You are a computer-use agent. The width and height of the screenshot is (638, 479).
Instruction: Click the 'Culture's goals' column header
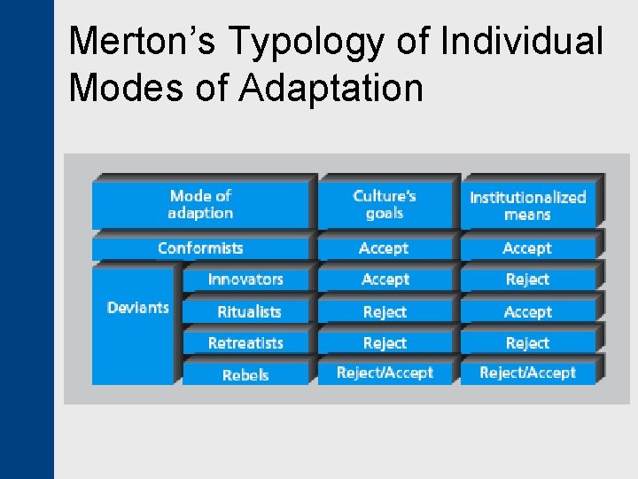(385, 204)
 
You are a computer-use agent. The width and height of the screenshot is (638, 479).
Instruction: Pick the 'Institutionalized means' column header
(528, 205)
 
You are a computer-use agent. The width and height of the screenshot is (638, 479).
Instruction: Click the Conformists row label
(200, 248)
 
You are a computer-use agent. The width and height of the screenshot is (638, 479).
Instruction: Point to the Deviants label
(137, 308)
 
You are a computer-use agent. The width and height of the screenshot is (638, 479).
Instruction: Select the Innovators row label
(245, 279)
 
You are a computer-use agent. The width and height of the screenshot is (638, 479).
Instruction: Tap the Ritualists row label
(249, 311)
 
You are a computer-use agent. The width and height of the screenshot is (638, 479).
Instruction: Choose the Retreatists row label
(245, 343)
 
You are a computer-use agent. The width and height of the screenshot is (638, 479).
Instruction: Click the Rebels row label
(245, 374)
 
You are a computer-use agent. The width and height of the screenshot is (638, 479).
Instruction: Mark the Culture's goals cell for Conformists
(384, 248)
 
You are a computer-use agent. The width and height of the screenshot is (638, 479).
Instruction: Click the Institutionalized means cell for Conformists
(527, 248)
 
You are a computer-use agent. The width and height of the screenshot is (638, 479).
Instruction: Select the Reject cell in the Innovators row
(527, 279)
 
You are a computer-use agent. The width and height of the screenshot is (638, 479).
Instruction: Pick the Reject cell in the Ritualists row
(385, 311)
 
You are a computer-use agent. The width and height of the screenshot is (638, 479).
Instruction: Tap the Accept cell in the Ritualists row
(527, 311)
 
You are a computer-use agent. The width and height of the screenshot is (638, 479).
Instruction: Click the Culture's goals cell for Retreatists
(385, 343)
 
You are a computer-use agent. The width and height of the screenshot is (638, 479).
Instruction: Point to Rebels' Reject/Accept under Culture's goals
(385, 373)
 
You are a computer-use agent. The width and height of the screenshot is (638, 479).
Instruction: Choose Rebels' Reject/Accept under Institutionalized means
(527, 373)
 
